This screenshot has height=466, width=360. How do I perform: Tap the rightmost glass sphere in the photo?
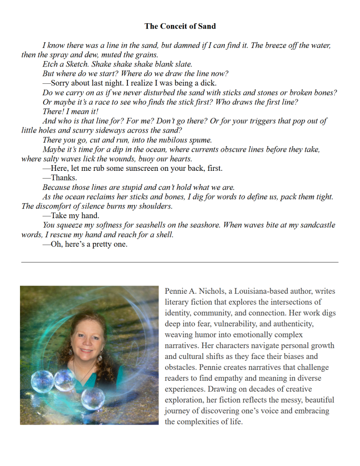(x=93, y=398)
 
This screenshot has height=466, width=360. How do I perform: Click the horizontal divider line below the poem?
(x=180, y=262)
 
